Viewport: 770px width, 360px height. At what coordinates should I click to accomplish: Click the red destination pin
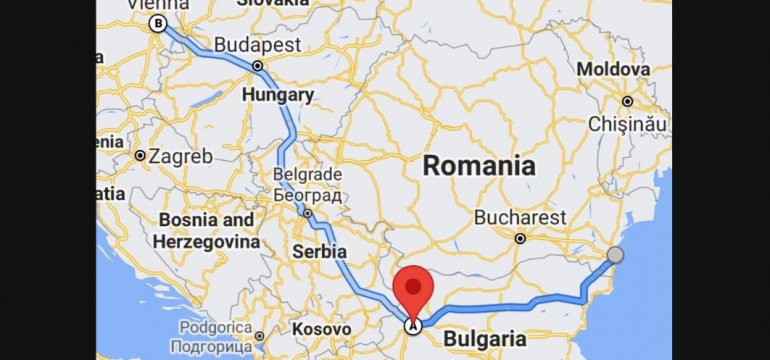point(412,289)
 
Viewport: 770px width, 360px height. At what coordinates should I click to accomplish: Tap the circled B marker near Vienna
point(157,23)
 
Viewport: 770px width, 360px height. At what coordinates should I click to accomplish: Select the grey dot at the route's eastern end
point(615,255)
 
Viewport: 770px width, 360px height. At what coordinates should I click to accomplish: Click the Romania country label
point(478,166)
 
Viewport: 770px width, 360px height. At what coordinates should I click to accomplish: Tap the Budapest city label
point(258,45)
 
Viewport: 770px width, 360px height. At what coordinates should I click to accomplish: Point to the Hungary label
point(278,95)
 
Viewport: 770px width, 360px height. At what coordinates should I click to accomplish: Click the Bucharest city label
point(520,217)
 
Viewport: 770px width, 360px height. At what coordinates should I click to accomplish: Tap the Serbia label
point(319,251)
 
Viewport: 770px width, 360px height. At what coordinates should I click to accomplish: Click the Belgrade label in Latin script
point(308,174)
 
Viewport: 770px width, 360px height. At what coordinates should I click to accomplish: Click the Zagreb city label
point(180,156)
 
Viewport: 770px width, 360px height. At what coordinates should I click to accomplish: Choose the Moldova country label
point(613,69)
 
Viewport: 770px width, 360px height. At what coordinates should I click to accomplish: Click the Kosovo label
point(321,328)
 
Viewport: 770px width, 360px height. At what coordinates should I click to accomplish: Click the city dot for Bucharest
point(520,238)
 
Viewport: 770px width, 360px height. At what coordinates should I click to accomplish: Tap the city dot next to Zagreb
point(139,156)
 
